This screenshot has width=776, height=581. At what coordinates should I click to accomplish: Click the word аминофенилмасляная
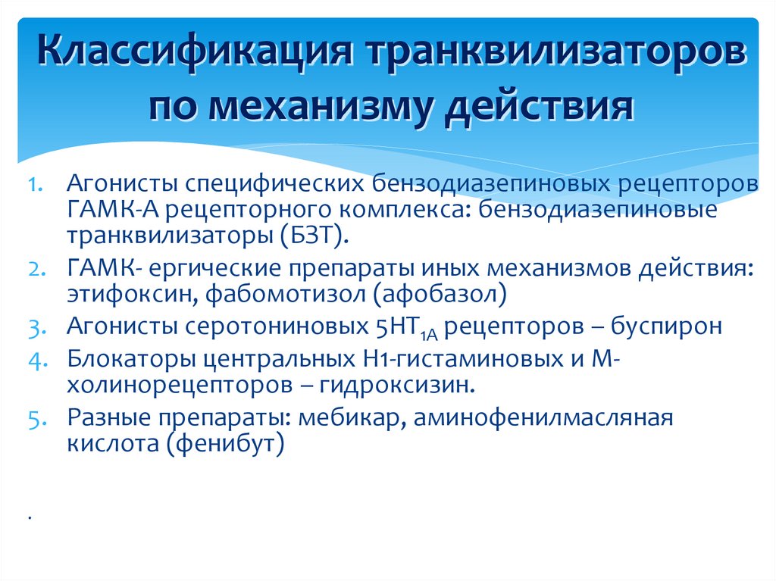[x=543, y=417]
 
